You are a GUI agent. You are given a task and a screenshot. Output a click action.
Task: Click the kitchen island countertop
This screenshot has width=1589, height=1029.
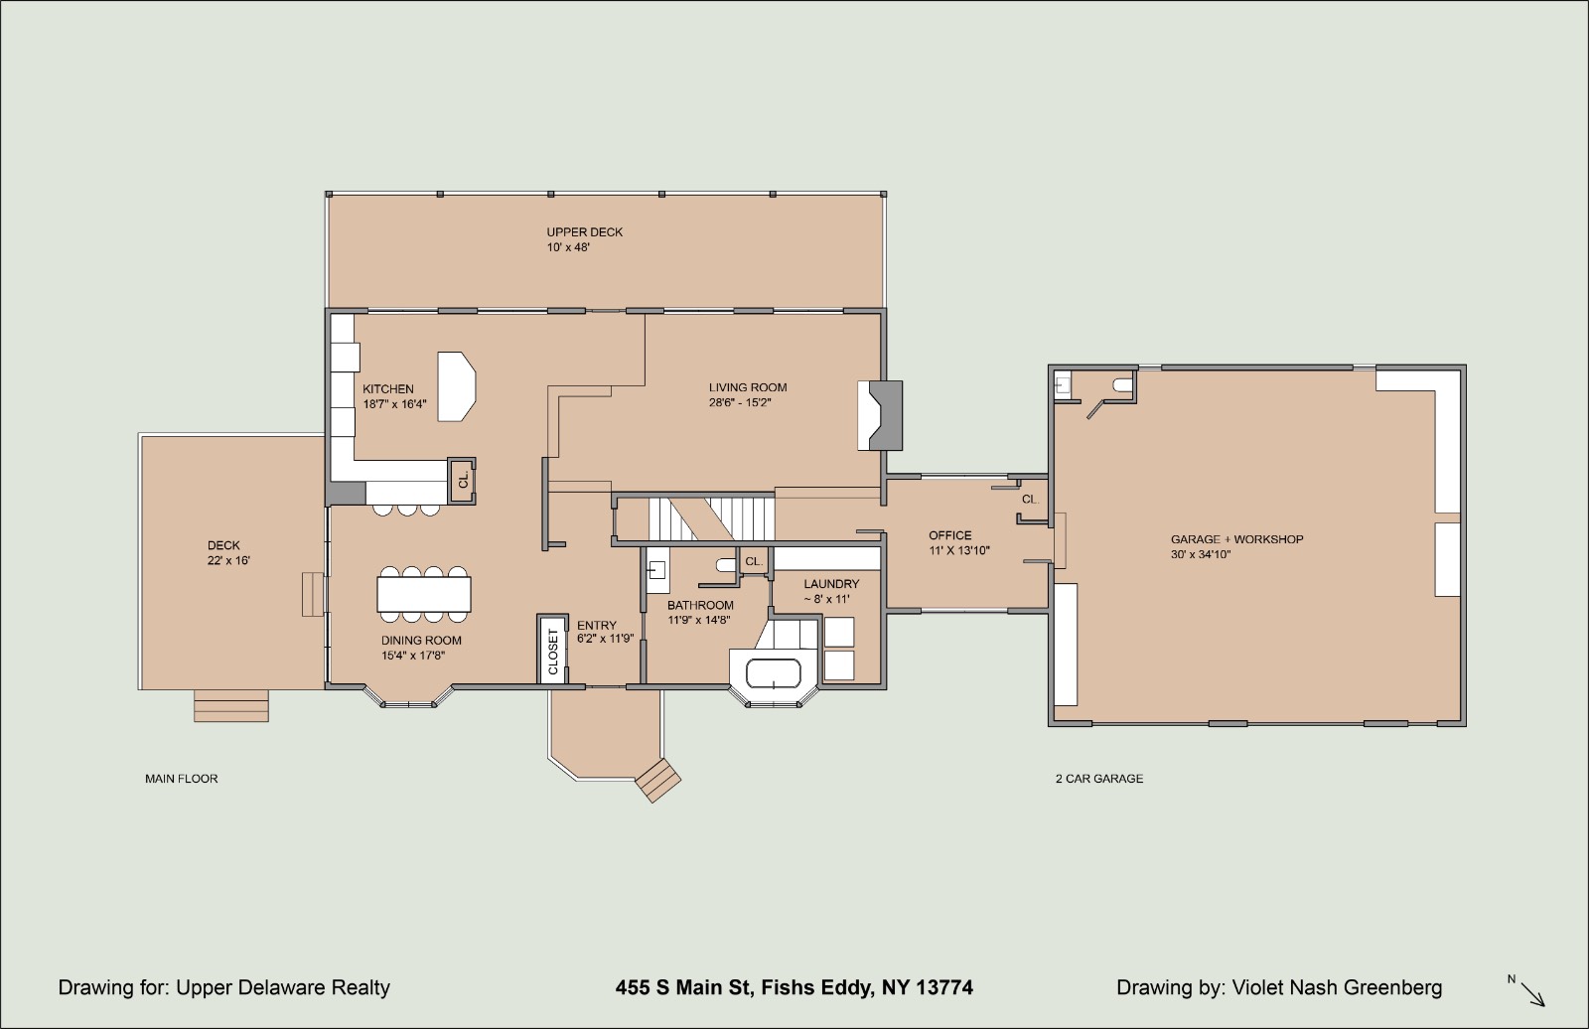click(456, 386)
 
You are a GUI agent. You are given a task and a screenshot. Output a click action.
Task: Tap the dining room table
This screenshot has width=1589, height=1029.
click(424, 595)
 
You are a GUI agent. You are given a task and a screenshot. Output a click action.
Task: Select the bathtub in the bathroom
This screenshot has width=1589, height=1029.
click(774, 673)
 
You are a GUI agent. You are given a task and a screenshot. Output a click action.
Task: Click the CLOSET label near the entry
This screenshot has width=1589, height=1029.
click(553, 652)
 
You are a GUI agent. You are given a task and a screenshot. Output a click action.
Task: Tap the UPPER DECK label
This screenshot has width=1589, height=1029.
click(585, 232)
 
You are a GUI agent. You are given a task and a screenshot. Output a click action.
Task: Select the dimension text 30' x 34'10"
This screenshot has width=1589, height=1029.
click(1201, 555)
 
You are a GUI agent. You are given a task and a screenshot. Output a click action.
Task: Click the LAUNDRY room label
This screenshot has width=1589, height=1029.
click(831, 584)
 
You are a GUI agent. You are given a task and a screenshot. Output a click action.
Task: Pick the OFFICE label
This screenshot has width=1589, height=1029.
click(949, 535)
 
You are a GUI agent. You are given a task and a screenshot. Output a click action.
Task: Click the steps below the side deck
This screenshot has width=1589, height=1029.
click(231, 705)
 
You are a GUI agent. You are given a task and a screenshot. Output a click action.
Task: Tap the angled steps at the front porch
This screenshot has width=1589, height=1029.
click(658, 781)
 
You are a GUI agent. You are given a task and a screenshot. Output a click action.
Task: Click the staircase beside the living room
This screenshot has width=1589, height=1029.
click(710, 519)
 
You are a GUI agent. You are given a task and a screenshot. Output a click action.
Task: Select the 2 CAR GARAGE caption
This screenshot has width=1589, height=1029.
click(1098, 779)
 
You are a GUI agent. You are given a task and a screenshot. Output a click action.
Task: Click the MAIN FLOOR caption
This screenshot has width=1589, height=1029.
click(182, 779)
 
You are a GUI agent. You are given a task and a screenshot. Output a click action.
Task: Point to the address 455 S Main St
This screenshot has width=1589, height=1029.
click(683, 988)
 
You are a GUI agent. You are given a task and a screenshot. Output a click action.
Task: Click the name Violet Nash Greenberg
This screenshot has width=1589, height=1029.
click(1337, 988)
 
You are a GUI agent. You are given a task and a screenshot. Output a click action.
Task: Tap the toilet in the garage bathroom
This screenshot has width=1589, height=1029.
click(1122, 385)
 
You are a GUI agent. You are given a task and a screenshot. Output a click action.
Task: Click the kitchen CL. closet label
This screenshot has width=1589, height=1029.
click(463, 481)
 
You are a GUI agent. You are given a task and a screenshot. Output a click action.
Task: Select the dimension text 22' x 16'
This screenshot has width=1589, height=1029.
click(228, 560)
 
